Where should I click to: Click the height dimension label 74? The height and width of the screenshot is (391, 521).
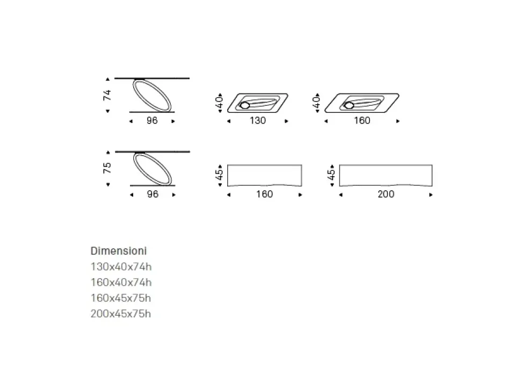point(107,96)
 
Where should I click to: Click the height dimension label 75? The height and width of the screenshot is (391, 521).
point(107,168)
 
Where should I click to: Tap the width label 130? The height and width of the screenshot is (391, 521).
point(258,121)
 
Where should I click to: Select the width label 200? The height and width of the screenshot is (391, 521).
point(386,194)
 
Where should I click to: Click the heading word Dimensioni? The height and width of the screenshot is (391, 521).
point(119,251)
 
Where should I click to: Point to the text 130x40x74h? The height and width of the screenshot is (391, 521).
point(121,267)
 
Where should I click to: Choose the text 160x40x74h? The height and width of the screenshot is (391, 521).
point(121,283)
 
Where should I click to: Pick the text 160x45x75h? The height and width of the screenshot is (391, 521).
point(121,298)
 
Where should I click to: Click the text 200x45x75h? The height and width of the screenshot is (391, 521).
point(121,314)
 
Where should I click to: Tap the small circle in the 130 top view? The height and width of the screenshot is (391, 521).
point(245,106)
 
